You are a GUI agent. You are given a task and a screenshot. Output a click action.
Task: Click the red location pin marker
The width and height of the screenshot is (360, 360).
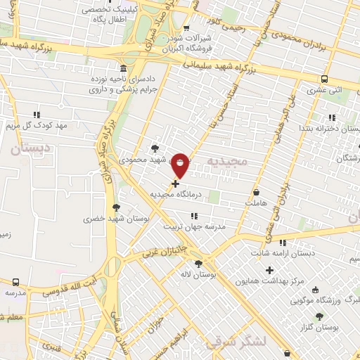coord(180,164)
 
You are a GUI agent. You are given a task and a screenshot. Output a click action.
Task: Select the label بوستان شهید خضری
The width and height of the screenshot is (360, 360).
coord(108,219)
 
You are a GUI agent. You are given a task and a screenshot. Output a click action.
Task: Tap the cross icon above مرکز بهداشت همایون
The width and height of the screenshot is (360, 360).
coord(269,270)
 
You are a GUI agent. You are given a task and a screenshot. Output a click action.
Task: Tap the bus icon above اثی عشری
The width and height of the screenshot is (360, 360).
coord(324,79)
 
